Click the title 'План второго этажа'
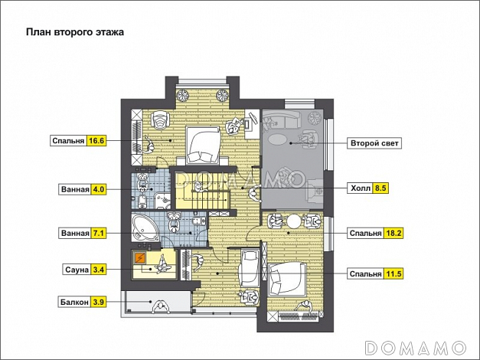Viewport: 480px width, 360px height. tap(75, 32)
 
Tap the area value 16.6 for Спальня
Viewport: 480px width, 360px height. tap(96, 141)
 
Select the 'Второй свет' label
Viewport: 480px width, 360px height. tap(374, 143)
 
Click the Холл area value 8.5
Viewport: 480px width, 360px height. tap(380, 188)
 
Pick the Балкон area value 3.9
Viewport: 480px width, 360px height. tap(98, 302)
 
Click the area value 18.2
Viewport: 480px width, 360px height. tap(393, 233)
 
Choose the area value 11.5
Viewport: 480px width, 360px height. tap(393, 273)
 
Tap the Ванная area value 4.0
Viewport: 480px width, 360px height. tap(98, 189)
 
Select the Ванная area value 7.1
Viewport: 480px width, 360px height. tap(98, 234)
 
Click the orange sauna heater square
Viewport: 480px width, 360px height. tap(141, 259)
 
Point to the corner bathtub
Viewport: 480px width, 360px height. tap(145, 227)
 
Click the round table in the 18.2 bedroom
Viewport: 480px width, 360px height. tap(294, 221)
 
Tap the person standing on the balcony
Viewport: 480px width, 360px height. tap(161, 306)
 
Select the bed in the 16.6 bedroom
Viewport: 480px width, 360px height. tap(204, 145)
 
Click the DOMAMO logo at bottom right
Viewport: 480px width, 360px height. tap(416, 348)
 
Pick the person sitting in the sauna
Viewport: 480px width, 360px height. tap(162, 265)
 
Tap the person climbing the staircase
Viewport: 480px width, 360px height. tap(199, 186)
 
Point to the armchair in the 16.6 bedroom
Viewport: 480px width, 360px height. tap(161, 119)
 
